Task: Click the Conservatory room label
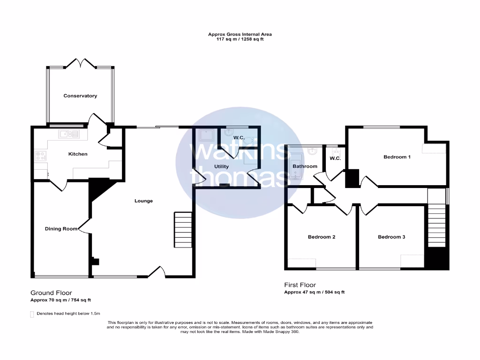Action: click(x=80, y=96)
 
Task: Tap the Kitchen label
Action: click(x=78, y=154)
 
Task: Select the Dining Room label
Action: click(x=60, y=229)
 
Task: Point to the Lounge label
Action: click(x=143, y=201)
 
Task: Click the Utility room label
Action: click(x=221, y=166)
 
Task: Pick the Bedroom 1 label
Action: click(x=397, y=157)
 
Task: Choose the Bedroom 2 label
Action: click(x=321, y=237)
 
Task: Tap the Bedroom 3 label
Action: click(x=391, y=237)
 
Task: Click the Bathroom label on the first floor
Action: click(x=305, y=166)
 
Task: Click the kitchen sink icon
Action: click(x=68, y=135)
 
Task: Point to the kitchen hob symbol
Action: click(x=40, y=157)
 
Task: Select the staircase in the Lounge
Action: click(x=183, y=230)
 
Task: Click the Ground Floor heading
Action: click(x=51, y=292)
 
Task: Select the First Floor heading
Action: click(x=300, y=285)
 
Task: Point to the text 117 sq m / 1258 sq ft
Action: click(x=240, y=39)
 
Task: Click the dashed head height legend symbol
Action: click(x=32, y=314)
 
